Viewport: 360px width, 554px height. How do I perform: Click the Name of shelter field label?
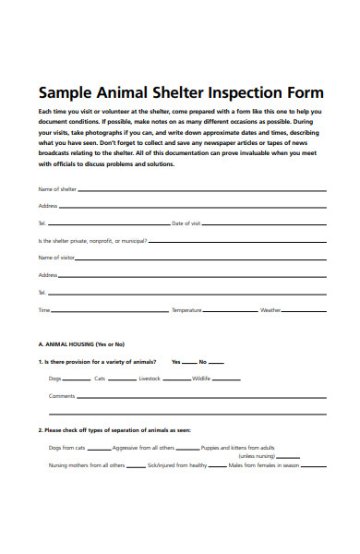pos(57,188)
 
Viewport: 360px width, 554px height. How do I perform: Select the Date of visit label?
pos(186,223)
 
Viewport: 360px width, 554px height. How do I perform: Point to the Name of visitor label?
pos(56,258)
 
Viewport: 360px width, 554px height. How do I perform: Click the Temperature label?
pos(186,310)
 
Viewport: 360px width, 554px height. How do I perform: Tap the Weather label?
pos(270,310)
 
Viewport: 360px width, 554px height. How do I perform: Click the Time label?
pos(43,310)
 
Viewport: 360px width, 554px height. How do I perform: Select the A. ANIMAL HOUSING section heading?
pos(81,343)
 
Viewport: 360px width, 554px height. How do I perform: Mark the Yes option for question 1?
pos(175,361)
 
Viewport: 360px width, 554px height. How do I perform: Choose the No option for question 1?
pos(203,361)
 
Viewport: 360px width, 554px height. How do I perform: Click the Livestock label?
pos(150,379)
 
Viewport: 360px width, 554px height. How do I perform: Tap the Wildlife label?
pos(201,379)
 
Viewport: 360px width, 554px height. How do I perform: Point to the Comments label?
pos(62,396)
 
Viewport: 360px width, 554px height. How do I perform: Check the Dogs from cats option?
pos(66,447)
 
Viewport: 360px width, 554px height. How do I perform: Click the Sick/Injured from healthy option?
pos(177,465)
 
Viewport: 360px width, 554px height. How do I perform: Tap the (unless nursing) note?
pos(258,456)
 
